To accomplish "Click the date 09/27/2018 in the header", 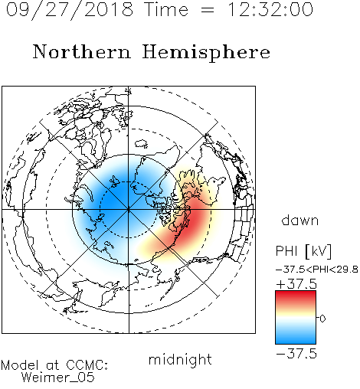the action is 70,10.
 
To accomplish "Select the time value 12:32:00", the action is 270,9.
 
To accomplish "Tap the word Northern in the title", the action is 82,51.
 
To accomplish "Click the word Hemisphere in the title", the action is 206,53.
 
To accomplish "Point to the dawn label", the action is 300,220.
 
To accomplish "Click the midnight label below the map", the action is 180,359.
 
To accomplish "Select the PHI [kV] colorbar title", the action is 303,251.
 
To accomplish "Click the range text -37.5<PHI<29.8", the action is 317,270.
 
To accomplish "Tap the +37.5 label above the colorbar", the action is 296,284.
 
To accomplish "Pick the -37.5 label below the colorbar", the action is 296,354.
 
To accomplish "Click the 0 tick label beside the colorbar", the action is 322,319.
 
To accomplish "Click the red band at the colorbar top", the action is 296,296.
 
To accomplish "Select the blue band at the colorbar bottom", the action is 296,338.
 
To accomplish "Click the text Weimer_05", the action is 58,378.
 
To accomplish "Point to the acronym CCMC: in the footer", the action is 87,365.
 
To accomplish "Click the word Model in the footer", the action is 21,365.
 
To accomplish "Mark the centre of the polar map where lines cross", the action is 129,210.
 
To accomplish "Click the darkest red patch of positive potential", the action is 195,219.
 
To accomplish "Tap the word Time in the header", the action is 166,10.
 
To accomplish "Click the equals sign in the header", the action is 208,10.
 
